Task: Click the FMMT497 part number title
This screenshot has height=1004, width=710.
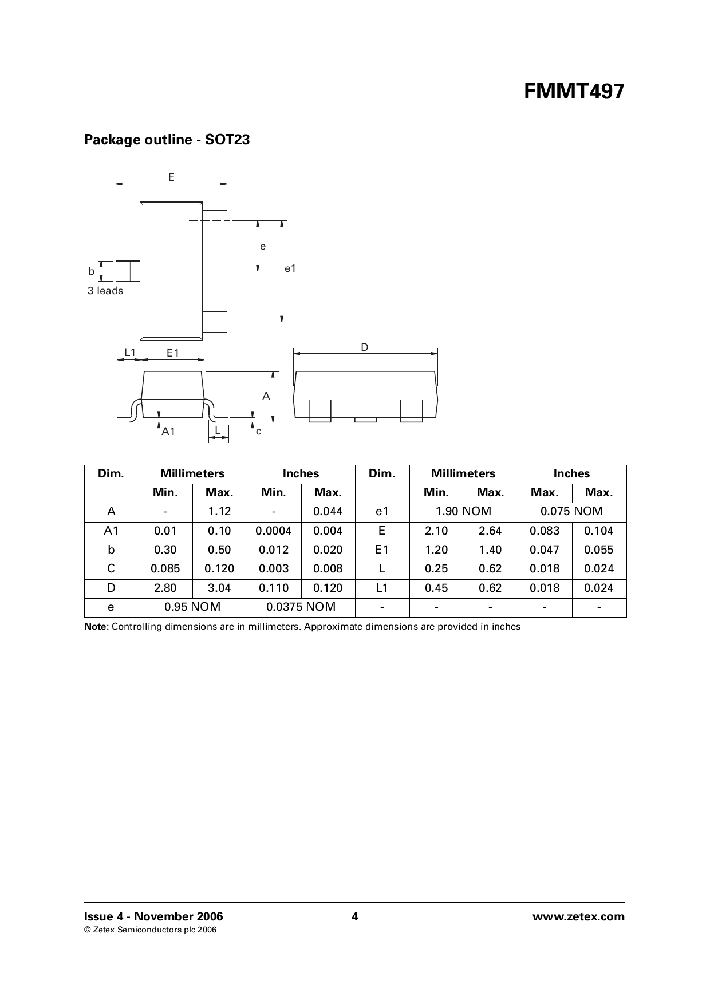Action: (x=574, y=92)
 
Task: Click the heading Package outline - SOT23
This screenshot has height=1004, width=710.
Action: (x=167, y=140)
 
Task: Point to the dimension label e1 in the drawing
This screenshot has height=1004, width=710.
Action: (x=290, y=268)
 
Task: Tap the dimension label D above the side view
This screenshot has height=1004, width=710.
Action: (x=365, y=347)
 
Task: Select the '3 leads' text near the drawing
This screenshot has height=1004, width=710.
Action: (x=105, y=291)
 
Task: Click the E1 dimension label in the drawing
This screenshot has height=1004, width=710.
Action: (x=173, y=353)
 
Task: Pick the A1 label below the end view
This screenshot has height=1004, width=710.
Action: (x=168, y=432)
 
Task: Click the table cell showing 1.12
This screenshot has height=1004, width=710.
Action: (x=219, y=512)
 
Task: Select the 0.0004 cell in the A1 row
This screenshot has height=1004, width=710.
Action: (x=273, y=531)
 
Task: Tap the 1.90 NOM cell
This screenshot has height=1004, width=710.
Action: (x=463, y=512)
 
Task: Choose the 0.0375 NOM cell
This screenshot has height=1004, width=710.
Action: (x=301, y=607)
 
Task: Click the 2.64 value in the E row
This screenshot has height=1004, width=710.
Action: (x=490, y=531)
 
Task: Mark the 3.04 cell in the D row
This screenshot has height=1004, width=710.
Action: (x=219, y=588)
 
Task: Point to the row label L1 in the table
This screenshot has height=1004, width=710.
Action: (x=382, y=588)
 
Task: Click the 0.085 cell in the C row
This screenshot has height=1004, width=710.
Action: (x=165, y=569)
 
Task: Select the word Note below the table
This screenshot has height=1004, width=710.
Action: (x=96, y=627)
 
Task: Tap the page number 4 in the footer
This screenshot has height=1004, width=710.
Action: (x=354, y=916)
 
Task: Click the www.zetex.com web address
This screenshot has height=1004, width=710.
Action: (x=578, y=916)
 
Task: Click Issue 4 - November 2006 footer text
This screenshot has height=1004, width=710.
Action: (x=153, y=916)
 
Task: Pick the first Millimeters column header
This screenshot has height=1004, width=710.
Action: (x=192, y=474)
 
